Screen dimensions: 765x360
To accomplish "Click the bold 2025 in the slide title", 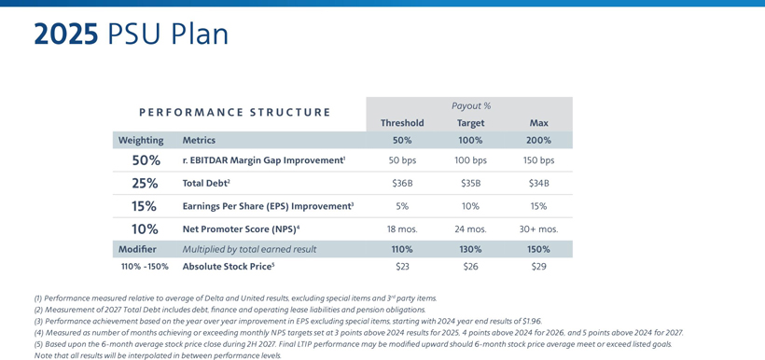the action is coord(66,35).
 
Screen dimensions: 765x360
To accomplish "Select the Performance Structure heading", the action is coord(235,112).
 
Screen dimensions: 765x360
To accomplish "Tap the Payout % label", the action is coord(471,105).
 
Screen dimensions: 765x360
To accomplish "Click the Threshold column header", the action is coord(402,123).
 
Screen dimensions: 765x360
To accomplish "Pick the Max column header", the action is coord(538,123).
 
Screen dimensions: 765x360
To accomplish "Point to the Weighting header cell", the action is coord(141,141).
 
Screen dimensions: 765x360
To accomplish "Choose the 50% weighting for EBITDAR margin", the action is coord(145,160).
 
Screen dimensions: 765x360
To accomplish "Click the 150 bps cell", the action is coord(538,160).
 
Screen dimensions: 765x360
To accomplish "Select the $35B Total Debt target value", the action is coord(471,184).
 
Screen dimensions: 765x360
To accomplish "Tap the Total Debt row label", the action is coord(206,184).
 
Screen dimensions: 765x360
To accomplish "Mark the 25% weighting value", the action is coord(145,184).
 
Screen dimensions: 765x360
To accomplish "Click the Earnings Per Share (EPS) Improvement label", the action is coord(268,206).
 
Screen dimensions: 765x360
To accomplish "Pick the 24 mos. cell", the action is coord(471,229).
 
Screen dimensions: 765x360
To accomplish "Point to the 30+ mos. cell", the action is coord(538,229).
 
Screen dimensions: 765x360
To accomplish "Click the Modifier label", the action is coord(137,249).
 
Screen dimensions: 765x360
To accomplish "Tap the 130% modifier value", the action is coord(471,249).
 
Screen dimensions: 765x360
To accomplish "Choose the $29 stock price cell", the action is coord(538,267).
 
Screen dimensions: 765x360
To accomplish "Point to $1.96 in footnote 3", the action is coord(532,321).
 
